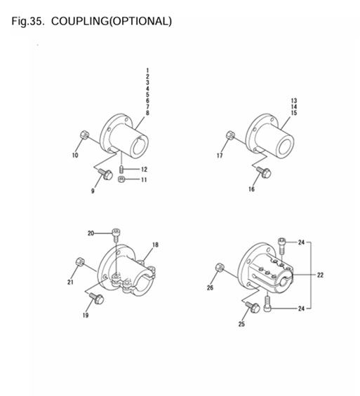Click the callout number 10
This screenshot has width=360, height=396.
click(75, 156)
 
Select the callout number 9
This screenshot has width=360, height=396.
click(91, 191)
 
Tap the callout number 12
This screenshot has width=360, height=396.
click(144, 170)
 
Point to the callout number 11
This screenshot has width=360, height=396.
click(144, 180)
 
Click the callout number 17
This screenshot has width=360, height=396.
click(220, 156)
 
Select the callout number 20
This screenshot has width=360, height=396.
click(91, 233)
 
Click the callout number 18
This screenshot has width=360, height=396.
click(155, 245)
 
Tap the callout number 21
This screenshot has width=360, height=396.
click(70, 282)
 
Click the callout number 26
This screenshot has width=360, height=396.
click(210, 287)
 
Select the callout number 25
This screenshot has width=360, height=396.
click(241, 323)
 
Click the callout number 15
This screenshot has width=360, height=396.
click(293, 113)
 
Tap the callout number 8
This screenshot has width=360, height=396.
click(147, 113)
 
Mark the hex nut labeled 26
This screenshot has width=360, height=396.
click(220, 267)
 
